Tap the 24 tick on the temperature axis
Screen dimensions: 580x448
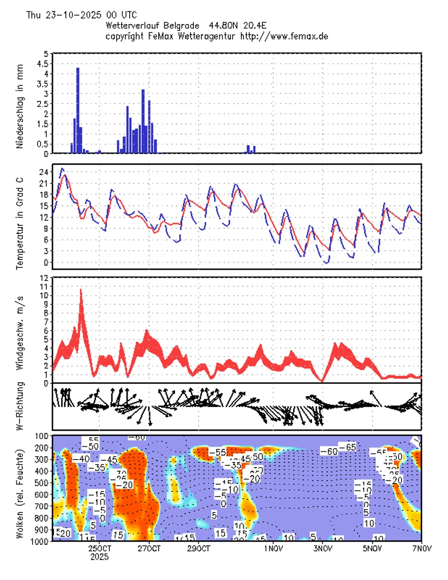coord(44,172)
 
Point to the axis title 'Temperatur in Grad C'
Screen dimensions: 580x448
coord(20,217)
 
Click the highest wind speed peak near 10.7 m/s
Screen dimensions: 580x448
coord(81,291)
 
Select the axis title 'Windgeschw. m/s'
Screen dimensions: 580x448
coord(20,329)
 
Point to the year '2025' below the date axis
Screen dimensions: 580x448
coord(100,557)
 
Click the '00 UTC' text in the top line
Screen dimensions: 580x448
coord(122,15)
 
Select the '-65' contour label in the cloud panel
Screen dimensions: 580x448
coord(347,447)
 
